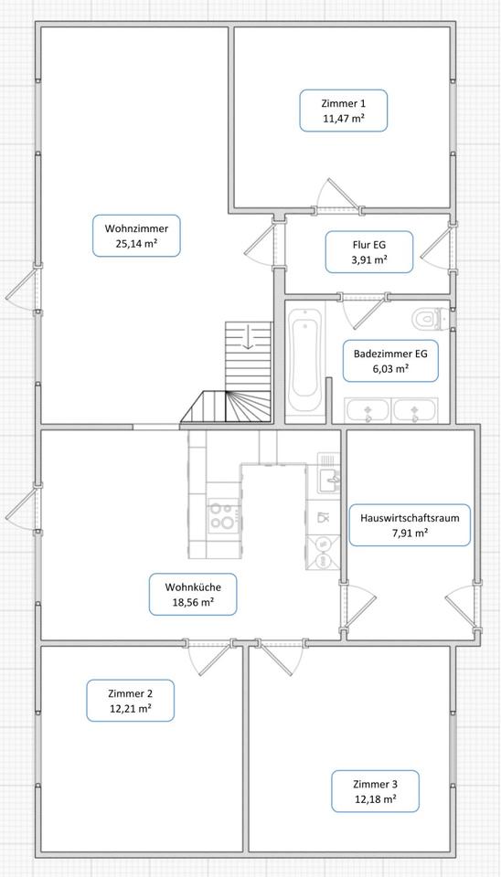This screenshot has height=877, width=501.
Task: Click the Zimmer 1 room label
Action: (343, 111)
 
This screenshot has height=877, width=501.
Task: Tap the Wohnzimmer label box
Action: (136, 236)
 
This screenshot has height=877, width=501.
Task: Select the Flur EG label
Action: (369, 252)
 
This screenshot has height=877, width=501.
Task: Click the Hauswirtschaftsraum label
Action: (410, 525)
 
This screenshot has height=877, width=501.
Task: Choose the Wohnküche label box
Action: (193, 594)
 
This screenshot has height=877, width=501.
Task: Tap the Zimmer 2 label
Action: (130, 701)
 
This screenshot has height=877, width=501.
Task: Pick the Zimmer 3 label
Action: (375, 791)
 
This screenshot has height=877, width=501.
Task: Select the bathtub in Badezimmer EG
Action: (305, 362)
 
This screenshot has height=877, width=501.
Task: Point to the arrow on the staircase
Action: (248, 339)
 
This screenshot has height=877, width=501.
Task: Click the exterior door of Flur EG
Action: (437, 247)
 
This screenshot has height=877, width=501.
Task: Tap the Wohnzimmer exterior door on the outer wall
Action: (22, 289)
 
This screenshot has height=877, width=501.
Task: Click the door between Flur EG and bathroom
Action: (363, 312)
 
